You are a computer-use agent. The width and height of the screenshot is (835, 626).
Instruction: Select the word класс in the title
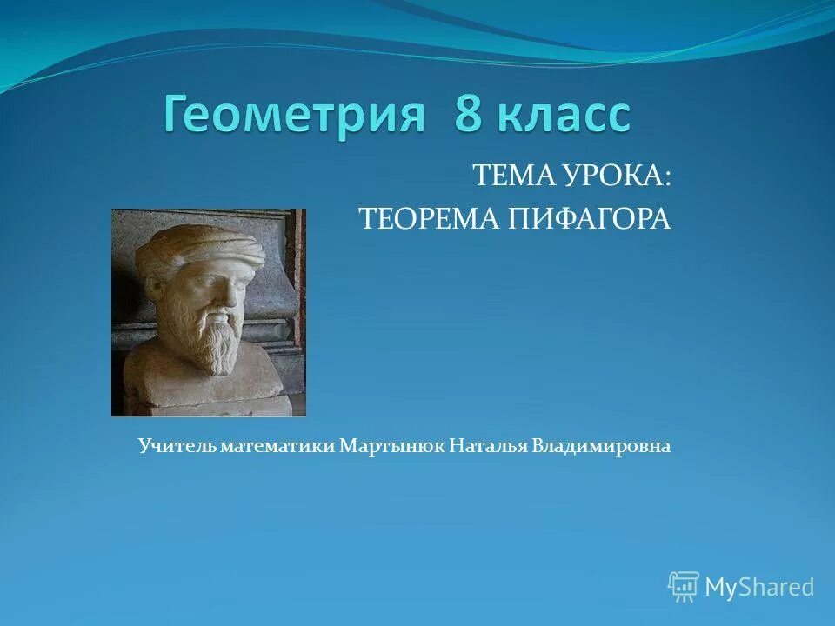565,117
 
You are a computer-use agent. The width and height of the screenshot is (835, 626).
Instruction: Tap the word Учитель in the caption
177,446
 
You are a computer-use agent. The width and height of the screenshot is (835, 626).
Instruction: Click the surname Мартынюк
392,446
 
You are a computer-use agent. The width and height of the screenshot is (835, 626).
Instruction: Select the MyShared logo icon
684,586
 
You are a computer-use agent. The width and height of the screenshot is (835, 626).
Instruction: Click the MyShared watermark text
759,587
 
